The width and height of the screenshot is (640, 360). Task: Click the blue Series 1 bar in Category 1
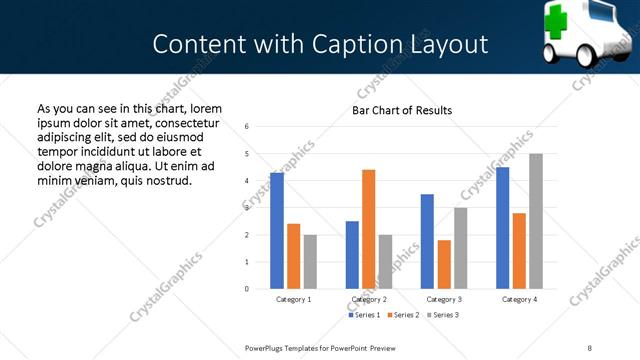coord(277,231)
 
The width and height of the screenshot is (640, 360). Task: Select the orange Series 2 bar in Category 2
coord(368,229)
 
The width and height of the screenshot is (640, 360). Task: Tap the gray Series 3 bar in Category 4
coord(536,221)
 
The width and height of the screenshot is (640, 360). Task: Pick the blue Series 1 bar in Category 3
coord(427,241)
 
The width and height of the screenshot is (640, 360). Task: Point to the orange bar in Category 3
coord(444,264)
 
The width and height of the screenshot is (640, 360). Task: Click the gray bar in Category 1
coord(310,262)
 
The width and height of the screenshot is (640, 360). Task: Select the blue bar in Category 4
coord(503,228)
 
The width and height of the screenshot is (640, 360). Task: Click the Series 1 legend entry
coord(364,315)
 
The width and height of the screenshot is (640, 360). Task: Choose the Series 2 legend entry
coord(402,315)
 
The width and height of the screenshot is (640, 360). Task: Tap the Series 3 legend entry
coord(442,315)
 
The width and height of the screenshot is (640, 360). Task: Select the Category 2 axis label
coord(369,300)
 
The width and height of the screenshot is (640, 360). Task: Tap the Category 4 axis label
coord(519,300)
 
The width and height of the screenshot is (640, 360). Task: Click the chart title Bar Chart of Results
coord(402,110)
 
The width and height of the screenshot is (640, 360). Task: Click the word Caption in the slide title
coord(368,45)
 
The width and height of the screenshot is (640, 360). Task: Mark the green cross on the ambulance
coord(558,20)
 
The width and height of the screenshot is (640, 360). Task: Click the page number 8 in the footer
coord(589,347)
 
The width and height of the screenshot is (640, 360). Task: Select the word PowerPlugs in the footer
coord(267,347)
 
